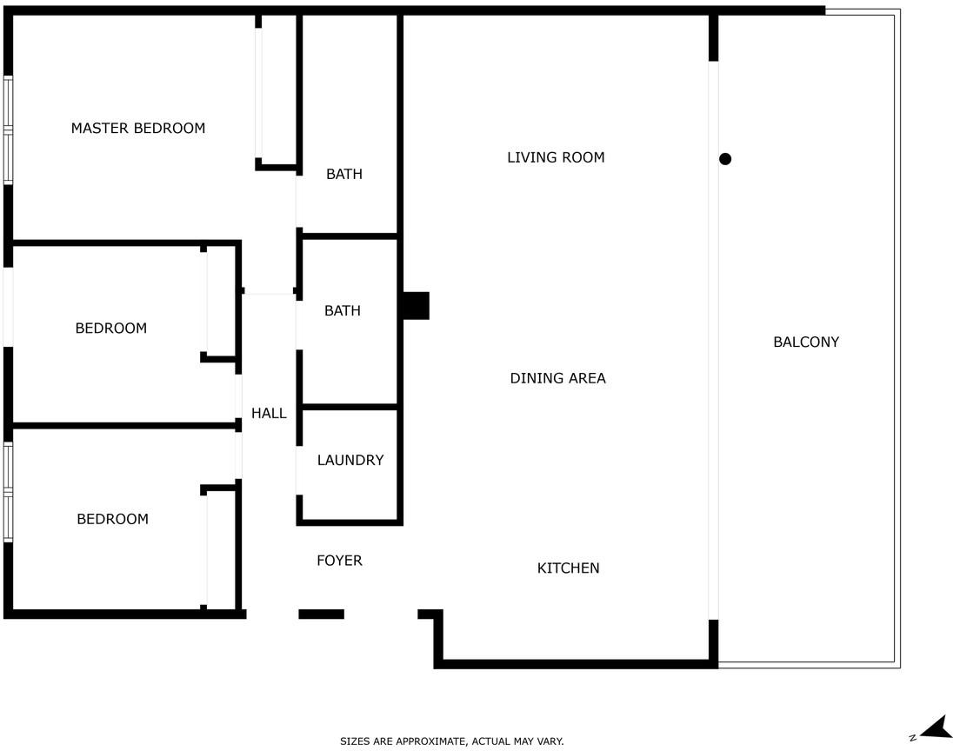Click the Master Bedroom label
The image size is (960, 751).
(x=137, y=128)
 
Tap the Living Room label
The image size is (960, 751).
(x=556, y=157)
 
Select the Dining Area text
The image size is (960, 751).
(x=557, y=378)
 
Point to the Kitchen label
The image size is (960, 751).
(x=568, y=568)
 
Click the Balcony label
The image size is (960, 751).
(x=806, y=342)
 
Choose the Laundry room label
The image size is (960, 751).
(x=350, y=460)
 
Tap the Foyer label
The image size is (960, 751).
(x=339, y=560)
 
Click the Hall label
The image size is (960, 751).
(x=269, y=413)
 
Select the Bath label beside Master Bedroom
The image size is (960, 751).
(x=344, y=174)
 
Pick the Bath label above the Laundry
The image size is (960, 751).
(x=343, y=310)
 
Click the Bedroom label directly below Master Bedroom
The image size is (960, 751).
(x=110, y=328)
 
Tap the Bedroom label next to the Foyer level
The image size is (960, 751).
(x=113, y=519)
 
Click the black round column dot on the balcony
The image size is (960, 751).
(x=725, y=159)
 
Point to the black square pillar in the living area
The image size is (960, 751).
(x=416, y=305)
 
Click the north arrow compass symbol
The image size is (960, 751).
(x=937, y=728)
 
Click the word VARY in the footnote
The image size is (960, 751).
(x=550, y=741)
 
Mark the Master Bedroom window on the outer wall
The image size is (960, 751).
(x=8, y=130)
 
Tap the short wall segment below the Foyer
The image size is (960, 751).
(x=322, y=614)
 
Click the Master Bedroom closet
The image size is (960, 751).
(x=277, y=92)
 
